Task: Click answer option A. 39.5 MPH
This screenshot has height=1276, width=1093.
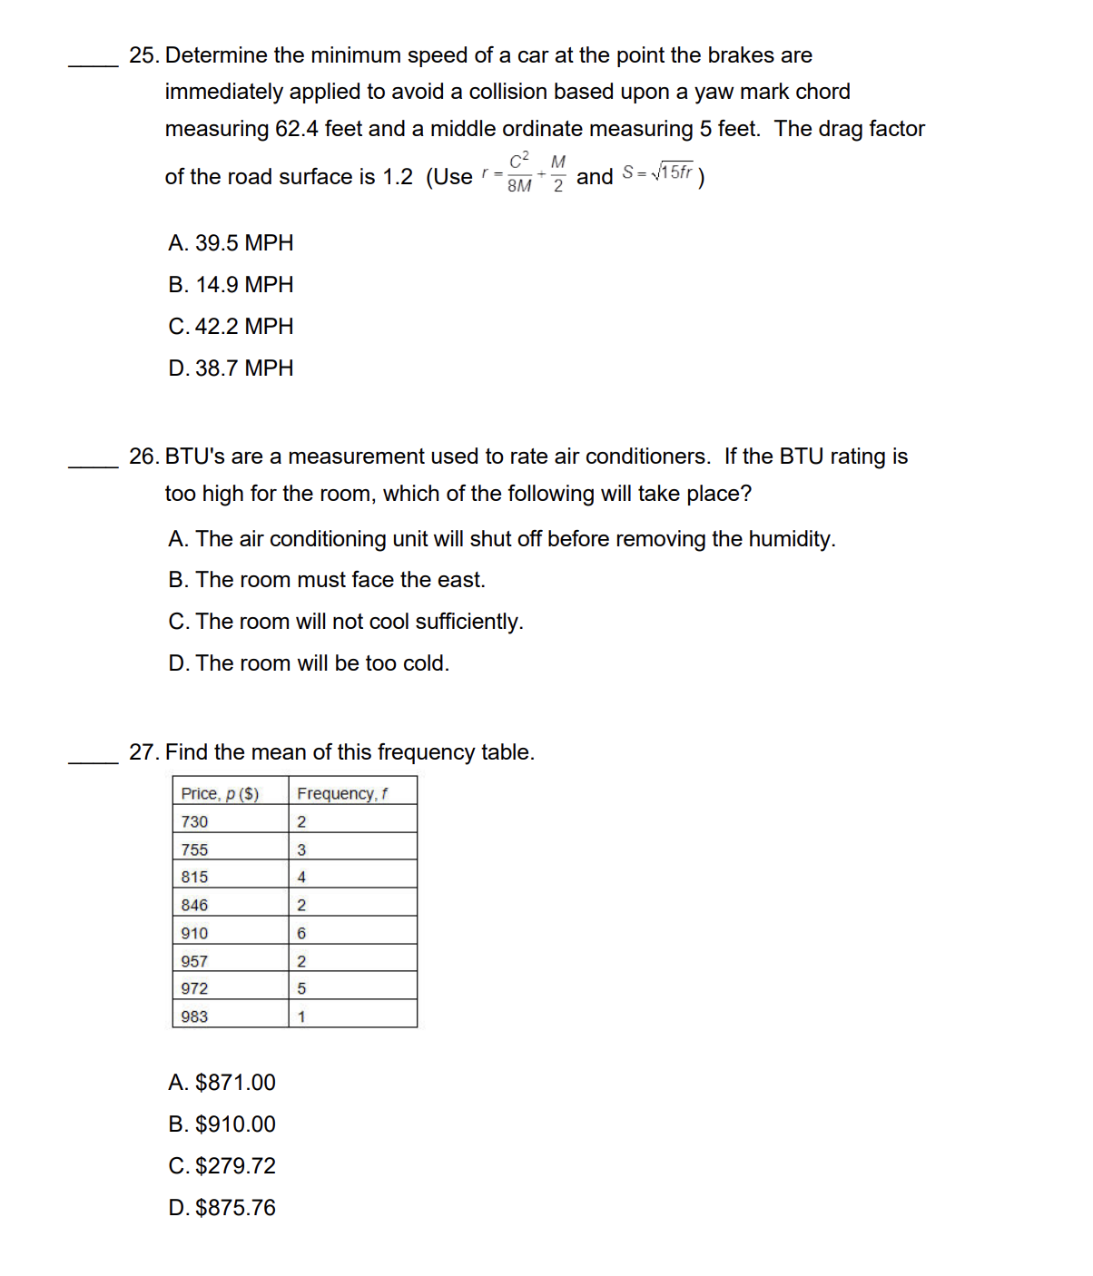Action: click(231, 243)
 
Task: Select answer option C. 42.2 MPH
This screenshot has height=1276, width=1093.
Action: click(231, 327)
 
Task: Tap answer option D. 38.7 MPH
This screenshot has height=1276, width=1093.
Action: click(231, 368)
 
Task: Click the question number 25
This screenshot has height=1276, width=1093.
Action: click(144, 55)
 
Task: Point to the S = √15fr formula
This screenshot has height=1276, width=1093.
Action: click(658, 172)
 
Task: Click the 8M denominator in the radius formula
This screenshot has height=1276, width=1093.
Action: click(519, 186)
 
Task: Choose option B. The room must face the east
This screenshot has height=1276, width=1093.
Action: click(327, 580)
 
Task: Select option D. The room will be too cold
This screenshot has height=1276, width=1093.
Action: click(309, 663)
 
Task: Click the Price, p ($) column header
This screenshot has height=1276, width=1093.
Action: click(220, 794)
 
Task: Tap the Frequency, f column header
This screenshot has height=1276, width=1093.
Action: click(342, 794)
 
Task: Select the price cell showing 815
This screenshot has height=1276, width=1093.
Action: click(194, 878)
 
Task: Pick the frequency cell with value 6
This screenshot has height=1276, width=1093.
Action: click(301, 934)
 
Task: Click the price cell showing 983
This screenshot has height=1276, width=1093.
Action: click(194, 1017)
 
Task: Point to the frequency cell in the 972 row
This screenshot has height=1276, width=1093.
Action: click(301, 989)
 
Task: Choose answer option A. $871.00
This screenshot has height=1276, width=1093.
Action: click(222, 1083)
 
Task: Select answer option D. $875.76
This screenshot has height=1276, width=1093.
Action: click(222, 1208)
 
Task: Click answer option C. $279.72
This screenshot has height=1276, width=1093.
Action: click(222, 1166)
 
